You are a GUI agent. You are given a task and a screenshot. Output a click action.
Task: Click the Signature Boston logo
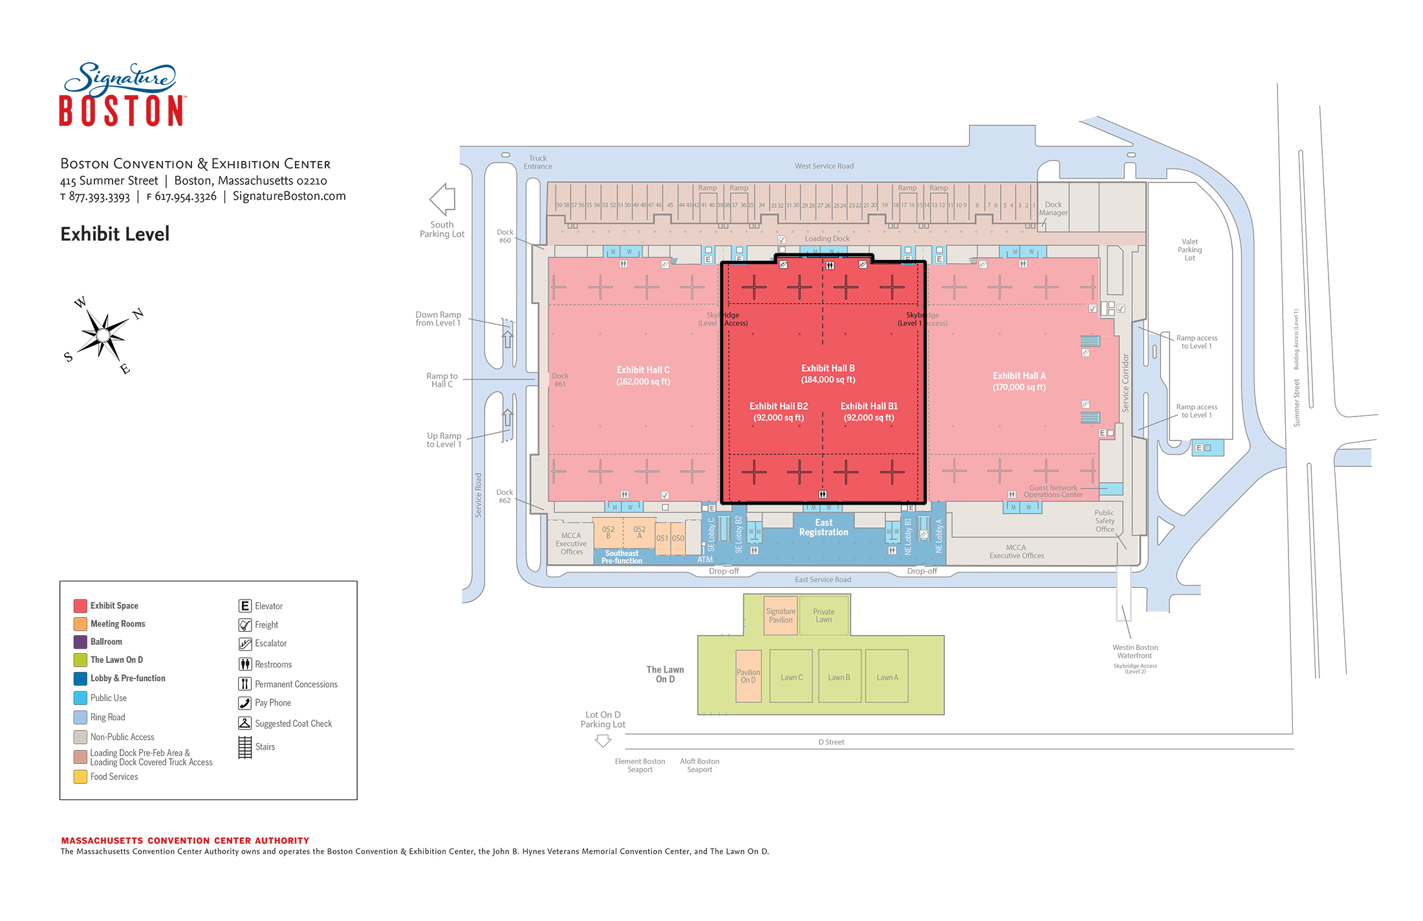pyautogui.click(x=122, y=94)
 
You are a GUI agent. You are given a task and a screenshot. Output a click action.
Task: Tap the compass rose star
pyautogui.click(x=103, y=335)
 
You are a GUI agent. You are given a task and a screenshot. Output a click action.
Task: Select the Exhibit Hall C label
pyautogui.click(x=643, y=376)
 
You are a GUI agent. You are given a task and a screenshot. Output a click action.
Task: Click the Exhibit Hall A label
pyautogui.click(x=1019, y=381)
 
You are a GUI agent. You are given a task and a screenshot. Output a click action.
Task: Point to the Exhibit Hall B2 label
pyautogui.click(x=778, y=412)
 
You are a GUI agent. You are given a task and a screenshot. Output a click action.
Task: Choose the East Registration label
pyautogui.click(x=823, y=527)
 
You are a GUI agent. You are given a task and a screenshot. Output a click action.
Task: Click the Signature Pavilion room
pyautogui.click(x=781, y=616)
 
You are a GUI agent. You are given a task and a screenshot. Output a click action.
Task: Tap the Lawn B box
pyautogui.click(x=839, y=677)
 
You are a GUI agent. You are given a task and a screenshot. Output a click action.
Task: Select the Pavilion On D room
pyautogui.click(x=748, y=676)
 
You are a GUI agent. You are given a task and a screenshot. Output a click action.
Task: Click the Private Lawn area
pyautogui.click(x=823, y=615)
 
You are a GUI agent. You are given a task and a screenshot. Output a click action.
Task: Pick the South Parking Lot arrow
pyautogui.click(x=443, y=199)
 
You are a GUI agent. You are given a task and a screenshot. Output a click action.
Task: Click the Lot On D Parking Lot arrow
pyautogui.click(x=603, y=741)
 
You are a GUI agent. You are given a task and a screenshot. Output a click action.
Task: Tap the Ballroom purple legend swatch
pyautogui.click(x=80, y=642)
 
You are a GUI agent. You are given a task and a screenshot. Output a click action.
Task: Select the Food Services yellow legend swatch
pyautogui.click(x=80, y=777)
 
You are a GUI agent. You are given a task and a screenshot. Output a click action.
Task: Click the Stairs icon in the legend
pyautogui.click(x=245, y=747)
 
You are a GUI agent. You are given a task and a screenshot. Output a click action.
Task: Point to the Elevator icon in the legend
pyautogui.click(x=245, y=606)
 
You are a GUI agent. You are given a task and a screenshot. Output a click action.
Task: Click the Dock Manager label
pyautogui.click(x=1053, y=208)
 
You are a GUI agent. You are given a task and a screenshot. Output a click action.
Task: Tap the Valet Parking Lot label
pyautogui.click(x=1189, y=250)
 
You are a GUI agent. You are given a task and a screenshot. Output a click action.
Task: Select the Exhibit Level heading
pyautogui.click(x=115, y=234)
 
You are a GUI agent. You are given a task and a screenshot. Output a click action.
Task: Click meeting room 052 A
pyautogui.click(x=640, y=532)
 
